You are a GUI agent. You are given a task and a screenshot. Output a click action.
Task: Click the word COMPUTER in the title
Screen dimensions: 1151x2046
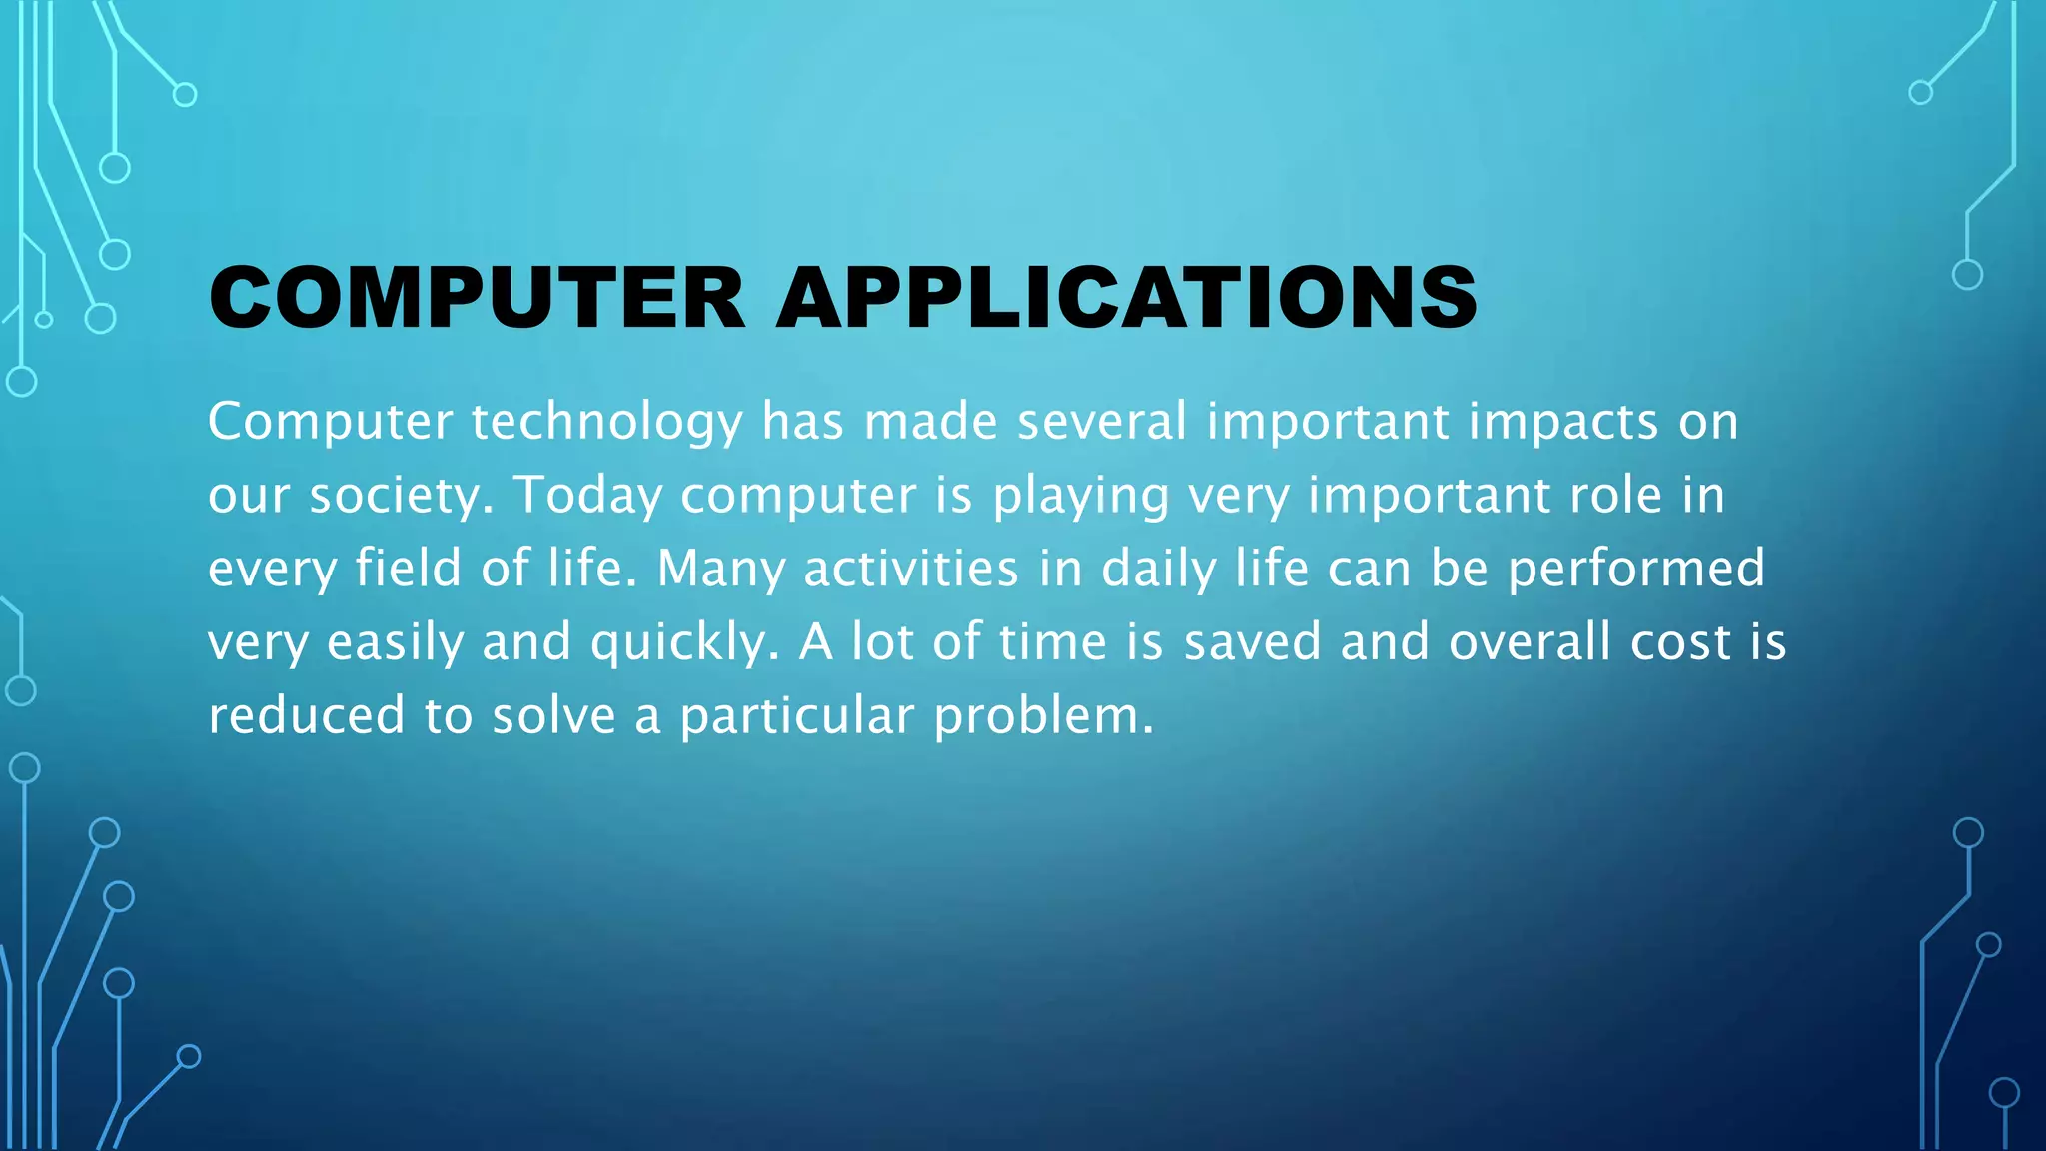point(477,298)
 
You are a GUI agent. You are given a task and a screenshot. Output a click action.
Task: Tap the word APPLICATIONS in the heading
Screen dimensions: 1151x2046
point(1126,298)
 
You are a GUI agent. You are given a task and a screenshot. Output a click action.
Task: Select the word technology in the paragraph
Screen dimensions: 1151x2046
point(606,422)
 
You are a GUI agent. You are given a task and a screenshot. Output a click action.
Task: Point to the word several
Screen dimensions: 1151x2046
point(1101,422)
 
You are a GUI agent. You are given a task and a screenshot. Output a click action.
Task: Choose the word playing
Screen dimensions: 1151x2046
point(1080,497)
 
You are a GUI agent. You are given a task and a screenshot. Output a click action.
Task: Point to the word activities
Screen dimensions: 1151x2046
point(911,569)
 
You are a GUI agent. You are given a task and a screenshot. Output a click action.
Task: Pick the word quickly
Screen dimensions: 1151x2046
point(684,643)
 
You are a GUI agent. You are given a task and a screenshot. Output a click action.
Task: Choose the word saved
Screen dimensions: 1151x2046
point(1252,642)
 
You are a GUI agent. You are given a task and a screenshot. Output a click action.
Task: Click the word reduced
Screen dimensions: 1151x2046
point(306,716)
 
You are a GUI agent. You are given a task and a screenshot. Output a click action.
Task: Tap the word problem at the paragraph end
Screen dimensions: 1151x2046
point(1043,717)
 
